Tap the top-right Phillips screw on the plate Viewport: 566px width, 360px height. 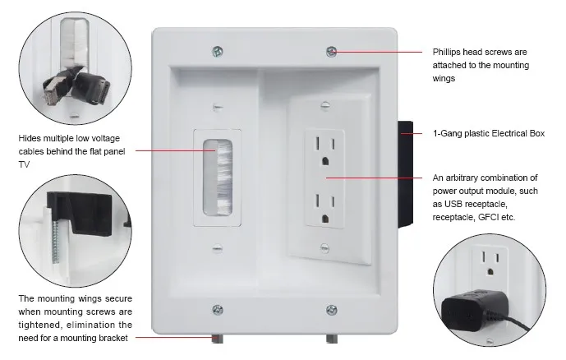pos(330,51)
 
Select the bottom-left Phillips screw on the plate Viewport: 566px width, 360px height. pos(217,310)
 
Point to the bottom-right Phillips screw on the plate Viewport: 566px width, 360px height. pos(331,310)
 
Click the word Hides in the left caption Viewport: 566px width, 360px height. pos(30,138)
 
